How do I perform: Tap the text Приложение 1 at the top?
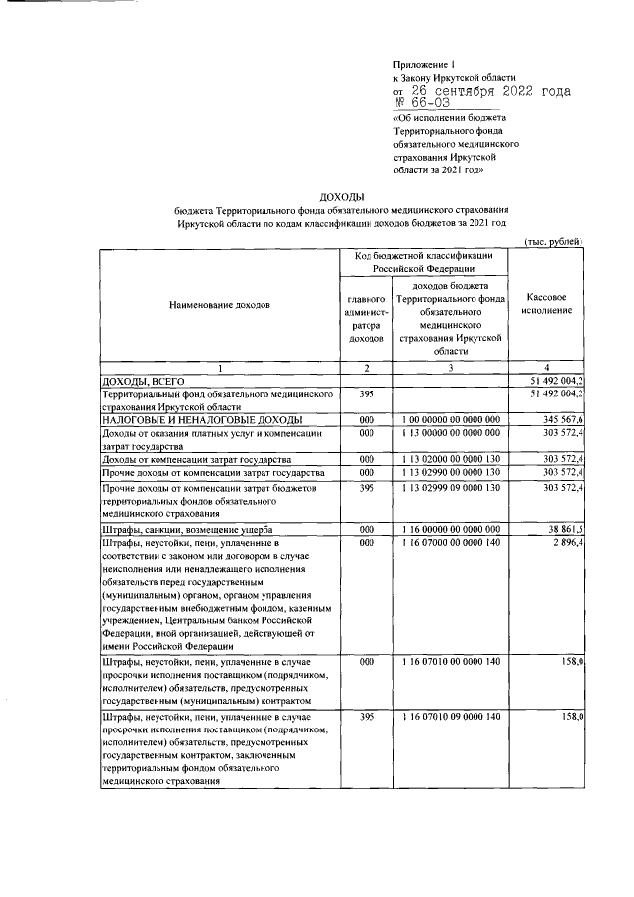[423, 62]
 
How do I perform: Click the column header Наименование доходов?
[218, 305]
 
